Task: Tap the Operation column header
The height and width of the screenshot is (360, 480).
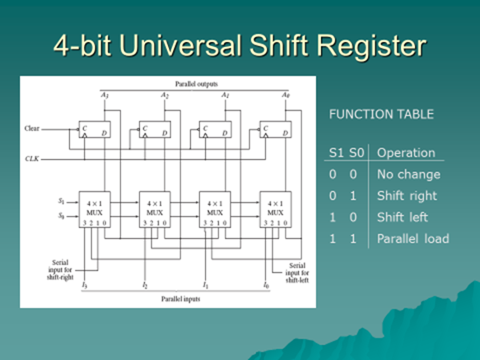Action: pos(406,153)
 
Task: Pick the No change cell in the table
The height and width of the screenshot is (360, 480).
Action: pos(408,175)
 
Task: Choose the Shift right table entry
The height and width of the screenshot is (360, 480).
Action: pos(407,196)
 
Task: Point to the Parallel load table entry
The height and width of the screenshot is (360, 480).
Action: pos(413,239)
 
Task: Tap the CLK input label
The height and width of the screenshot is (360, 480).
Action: pos(32,157)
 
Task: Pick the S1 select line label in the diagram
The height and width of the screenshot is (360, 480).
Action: pos(60,199)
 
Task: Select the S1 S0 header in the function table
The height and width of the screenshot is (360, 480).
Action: pos(344,153)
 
